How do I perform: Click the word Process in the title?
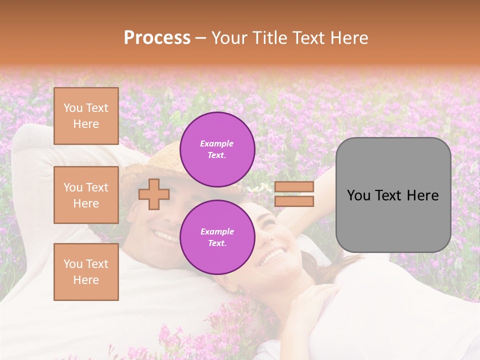(x=157, y=38)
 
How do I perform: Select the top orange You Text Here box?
(x=86, y=116)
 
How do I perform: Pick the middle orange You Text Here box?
(x=86, y=195)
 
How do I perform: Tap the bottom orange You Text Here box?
(x=86, y=271)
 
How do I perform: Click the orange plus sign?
(x=153, y=194)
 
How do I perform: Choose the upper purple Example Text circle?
(x=217, y=149)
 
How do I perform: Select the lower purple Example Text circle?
(x=217, y=237)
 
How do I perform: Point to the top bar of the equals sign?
(x=294, y=187)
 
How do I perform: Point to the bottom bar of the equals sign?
(x=294, y=201)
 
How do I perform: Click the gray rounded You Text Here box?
(x=393, y=194)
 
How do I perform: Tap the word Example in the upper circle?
(x=216, y=144)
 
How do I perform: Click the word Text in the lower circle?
(x=216, y=243)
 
